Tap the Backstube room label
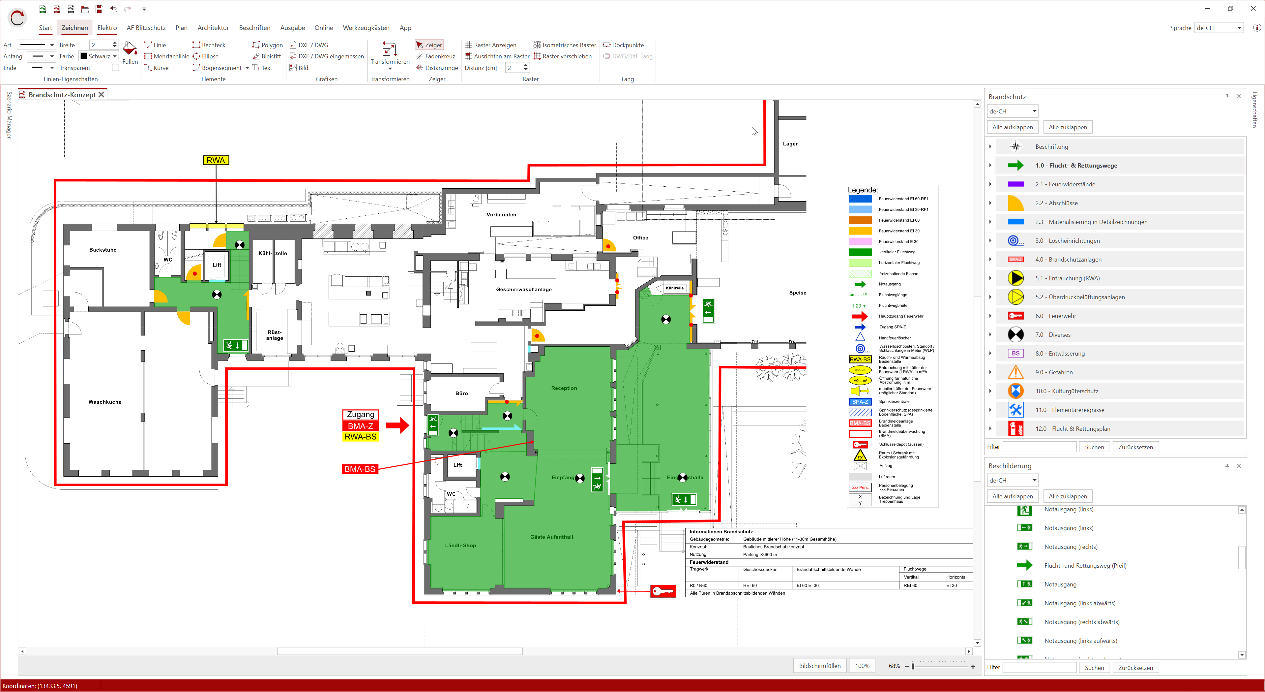click(x=103, y=250)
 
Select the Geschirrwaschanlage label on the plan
click(x=523, y=290)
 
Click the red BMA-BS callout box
click(x=360, y=469)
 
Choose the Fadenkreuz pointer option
click(x=436, y=56)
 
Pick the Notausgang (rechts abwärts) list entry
click(x=1081, y=622)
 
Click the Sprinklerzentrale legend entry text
click(x=894, y=401)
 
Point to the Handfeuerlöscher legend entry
click(x=894, y=338)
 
